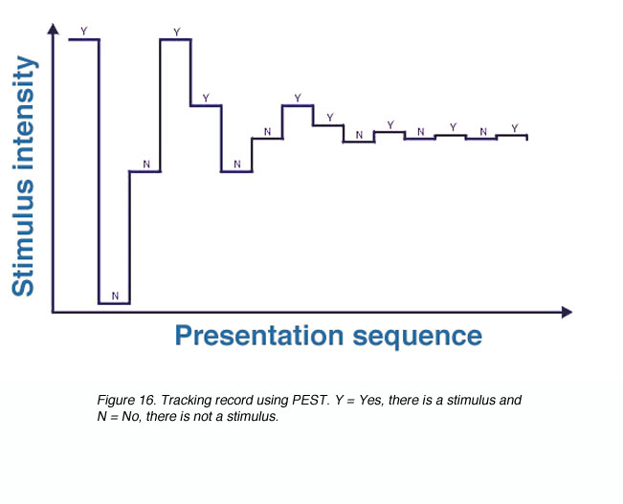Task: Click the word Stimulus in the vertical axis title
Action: tap(23, 237)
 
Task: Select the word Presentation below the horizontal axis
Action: tap(259, 336)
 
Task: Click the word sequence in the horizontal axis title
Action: tap(417, 338)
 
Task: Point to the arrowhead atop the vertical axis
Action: tap(53, 29)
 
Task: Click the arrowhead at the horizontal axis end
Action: tap(567, 313)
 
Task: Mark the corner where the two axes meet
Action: tap(53, 313)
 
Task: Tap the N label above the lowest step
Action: tap(115, 296)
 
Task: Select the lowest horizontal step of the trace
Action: tap(115, 304)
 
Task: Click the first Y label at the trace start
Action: tap(84, 31)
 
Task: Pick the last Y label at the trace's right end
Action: tap(515, 128)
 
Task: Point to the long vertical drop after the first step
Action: tap(99, 171)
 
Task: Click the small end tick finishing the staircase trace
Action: tap(527, 138)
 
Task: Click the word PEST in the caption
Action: tap(311, 400)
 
